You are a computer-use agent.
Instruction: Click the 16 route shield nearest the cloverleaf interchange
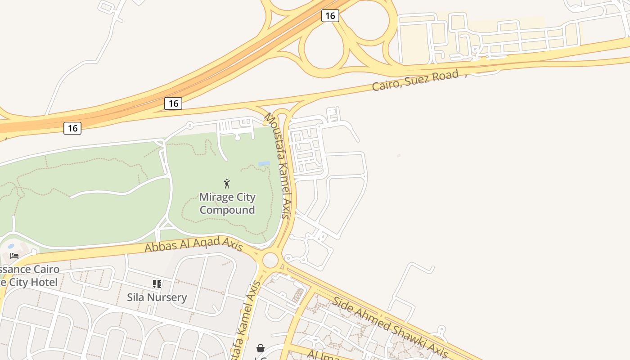330,16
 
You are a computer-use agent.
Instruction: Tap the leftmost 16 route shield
72,128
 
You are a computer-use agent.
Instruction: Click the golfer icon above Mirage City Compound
227,183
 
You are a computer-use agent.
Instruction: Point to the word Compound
227,210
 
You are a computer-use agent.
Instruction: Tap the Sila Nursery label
157,297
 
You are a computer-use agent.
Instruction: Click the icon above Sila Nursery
157,284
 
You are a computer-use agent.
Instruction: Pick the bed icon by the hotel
14,256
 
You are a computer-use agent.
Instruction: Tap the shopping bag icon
260,348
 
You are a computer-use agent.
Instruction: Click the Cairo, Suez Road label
415,80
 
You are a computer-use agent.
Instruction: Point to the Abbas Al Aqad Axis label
193,245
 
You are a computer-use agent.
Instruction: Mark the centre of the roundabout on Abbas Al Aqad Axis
270,260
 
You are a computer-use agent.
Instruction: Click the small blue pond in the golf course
264,164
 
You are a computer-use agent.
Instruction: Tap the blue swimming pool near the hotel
11,246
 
